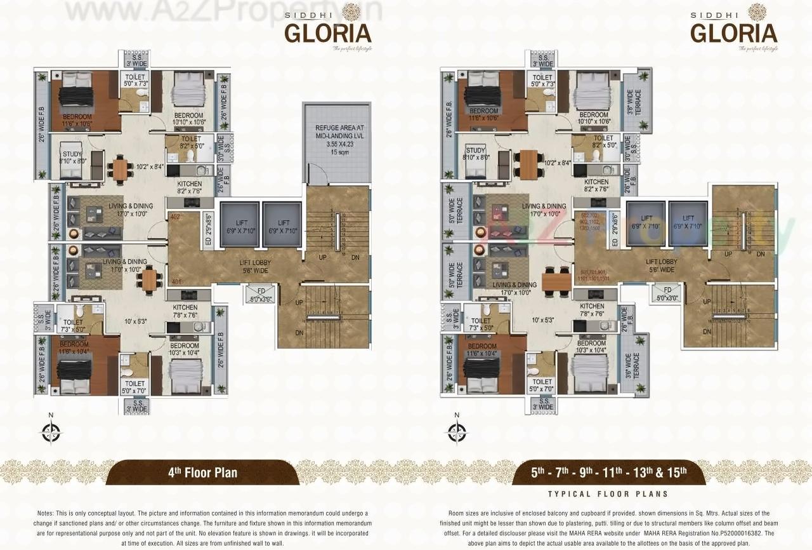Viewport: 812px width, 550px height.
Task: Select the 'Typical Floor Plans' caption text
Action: [608, 493]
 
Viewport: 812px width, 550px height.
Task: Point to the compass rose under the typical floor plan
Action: [455, 431]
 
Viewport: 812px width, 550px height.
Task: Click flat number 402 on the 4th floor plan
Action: [176, 217]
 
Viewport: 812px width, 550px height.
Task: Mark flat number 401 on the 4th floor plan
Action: [176, 281]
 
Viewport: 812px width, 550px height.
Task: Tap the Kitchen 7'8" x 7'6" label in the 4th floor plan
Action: [185, 310]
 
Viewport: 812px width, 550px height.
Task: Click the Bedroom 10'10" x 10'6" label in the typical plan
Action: [594, 118]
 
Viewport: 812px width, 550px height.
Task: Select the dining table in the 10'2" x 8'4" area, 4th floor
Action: [119, 168]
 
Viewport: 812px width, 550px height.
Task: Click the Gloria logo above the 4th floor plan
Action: [328, 32]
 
